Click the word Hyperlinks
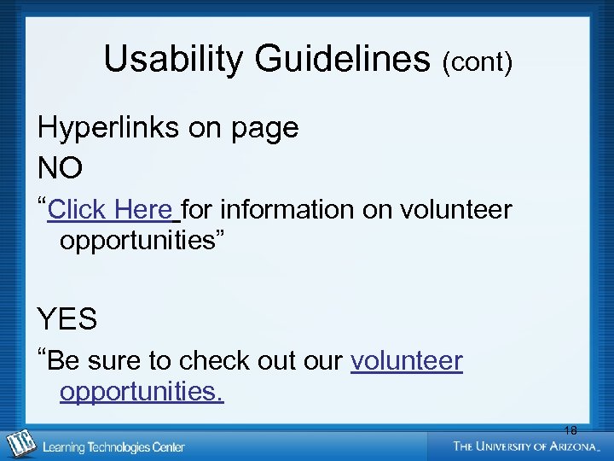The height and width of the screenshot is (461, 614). [109, 128]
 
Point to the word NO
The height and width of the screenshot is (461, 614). [60, 168]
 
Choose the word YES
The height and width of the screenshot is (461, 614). [67, 319]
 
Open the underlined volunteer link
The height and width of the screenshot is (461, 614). [407, 361]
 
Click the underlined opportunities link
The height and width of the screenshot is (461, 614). [142, 393]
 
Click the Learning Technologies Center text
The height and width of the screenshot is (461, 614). [113, 446]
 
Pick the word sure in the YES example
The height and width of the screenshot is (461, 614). [116, 361]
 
